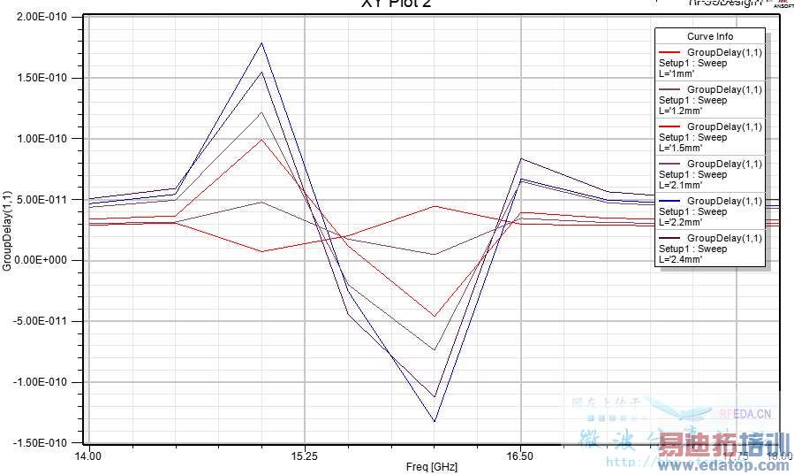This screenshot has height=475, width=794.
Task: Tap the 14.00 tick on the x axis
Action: [87, 456]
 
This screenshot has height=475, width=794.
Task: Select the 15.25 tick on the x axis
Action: [304, 456]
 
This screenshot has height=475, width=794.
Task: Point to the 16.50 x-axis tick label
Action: [520, 456]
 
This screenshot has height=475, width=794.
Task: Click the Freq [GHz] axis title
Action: [433, 467]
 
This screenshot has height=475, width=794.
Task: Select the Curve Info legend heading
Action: [710, 36]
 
